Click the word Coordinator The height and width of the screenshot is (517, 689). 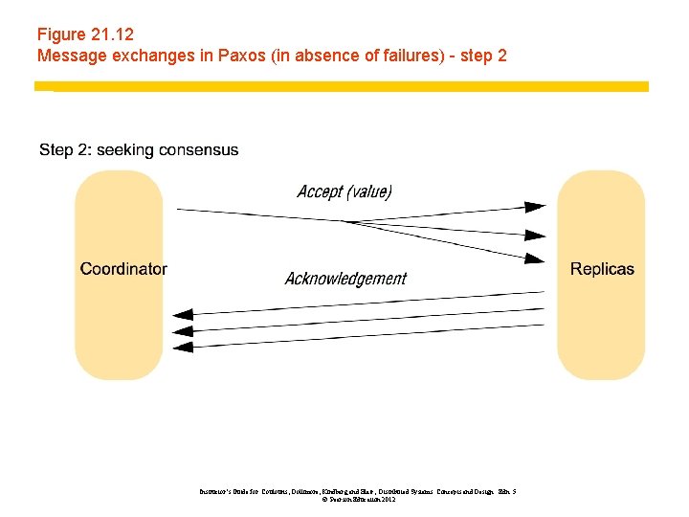[x=123, y=269]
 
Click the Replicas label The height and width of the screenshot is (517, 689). [x=602, y=269]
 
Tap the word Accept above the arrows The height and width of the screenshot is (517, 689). [x=320, y=191]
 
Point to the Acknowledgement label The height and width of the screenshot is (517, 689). [x=345, y=279]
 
